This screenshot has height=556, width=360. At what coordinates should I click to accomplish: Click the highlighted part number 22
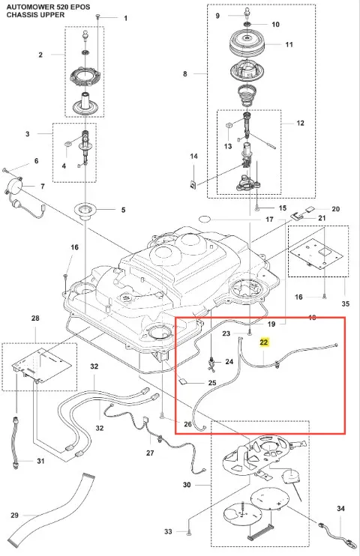264,342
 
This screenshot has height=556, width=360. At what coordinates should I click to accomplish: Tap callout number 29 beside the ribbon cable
14,515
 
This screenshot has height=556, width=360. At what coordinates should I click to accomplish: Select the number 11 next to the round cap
289,44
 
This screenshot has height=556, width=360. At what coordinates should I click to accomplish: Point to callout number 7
43,186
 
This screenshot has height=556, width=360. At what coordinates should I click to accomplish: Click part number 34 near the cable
340,509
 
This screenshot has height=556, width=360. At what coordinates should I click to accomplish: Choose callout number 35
346,303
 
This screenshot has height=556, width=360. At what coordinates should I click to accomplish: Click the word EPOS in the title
80,7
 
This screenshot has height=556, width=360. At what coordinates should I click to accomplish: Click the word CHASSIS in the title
20,15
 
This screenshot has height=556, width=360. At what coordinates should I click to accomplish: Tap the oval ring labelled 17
204,219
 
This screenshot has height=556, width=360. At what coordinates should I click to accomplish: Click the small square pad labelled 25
183,382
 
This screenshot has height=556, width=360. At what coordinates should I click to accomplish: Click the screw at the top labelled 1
98,16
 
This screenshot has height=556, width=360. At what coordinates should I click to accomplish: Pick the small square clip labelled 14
193,184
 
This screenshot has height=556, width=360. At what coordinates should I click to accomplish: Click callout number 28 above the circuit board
35,318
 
